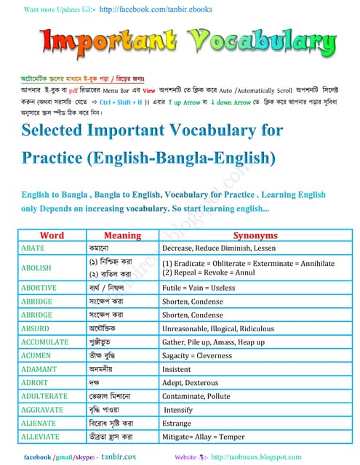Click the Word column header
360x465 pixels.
pyautogui.click(x=52, y=236)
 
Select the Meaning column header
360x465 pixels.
pyautogui.click(x=122, y=236)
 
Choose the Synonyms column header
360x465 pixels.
pyautogui.click(x=255, y=236)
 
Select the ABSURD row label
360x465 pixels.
pyautogui.click(x=36, y=328)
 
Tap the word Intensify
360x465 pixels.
pyautogui.click(x=179, y=410)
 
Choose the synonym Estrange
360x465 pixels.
pyautogui.click(x=177, y=423)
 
